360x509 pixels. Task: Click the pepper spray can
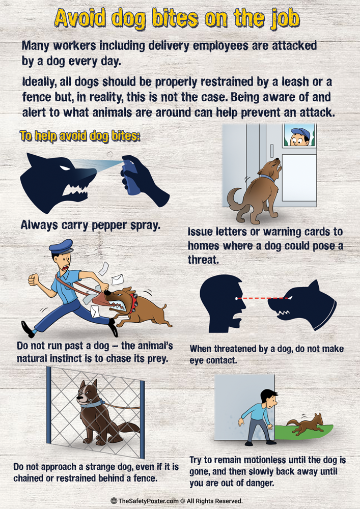coord(132,178)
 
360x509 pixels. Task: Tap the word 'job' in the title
coord(282,19)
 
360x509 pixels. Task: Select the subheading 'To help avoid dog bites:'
coord(79,137)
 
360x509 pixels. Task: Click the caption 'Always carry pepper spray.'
coord(91,224)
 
